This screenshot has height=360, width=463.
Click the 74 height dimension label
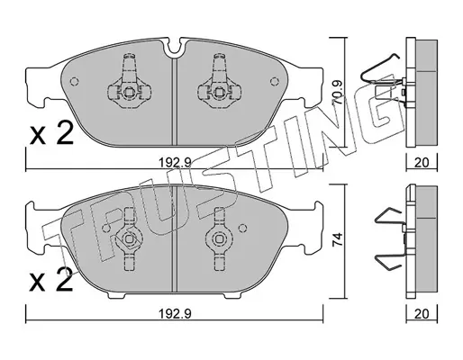click(x=338, y=239)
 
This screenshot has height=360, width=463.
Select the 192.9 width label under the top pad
click(x=175, y=163)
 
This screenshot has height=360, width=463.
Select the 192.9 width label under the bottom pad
click(x=175, y=314)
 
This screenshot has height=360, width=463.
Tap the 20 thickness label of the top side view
click(x=422, y=163)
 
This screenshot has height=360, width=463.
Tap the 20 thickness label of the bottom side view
click(x=422, y=314)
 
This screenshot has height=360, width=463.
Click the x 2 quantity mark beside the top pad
click(x=51, y=133)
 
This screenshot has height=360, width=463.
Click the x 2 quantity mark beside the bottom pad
click(x=51, y=280)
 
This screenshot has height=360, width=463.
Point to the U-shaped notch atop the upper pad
click(x=175, y=48)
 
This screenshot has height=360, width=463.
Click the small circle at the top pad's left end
click(x=74, y=81)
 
